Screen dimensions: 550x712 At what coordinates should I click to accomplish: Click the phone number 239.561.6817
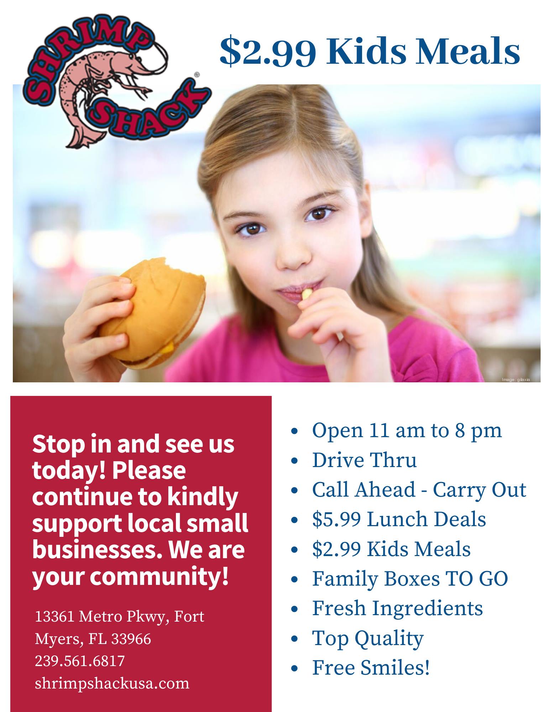pyautogui.click(x=80, y=661)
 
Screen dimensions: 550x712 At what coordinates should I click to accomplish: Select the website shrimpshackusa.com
pyautogui.click(x=112, y=684)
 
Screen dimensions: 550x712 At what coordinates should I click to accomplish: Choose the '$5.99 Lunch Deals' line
pyautogui.click(x=399, y=519)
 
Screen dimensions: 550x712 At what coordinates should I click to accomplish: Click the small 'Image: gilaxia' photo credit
pyautogui.click(x=516, y=380)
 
